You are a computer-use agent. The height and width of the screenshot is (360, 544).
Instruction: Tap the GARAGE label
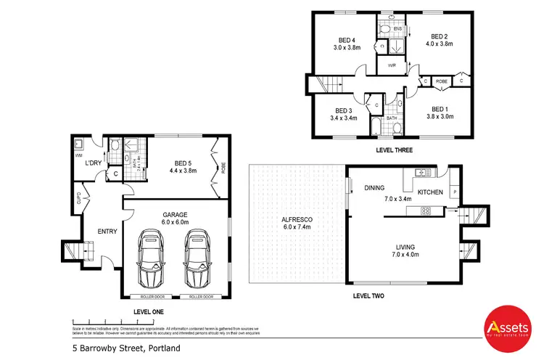[x=176, y=215]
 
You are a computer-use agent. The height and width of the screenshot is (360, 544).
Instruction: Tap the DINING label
[x=375, y=187]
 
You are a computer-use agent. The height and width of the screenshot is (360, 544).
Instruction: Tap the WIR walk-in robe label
[x=391, y=65]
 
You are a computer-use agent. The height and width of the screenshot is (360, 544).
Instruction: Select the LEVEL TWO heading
[x=368, y=296]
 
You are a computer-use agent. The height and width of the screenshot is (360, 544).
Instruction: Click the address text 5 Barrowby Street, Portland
[x=120, y=350]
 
